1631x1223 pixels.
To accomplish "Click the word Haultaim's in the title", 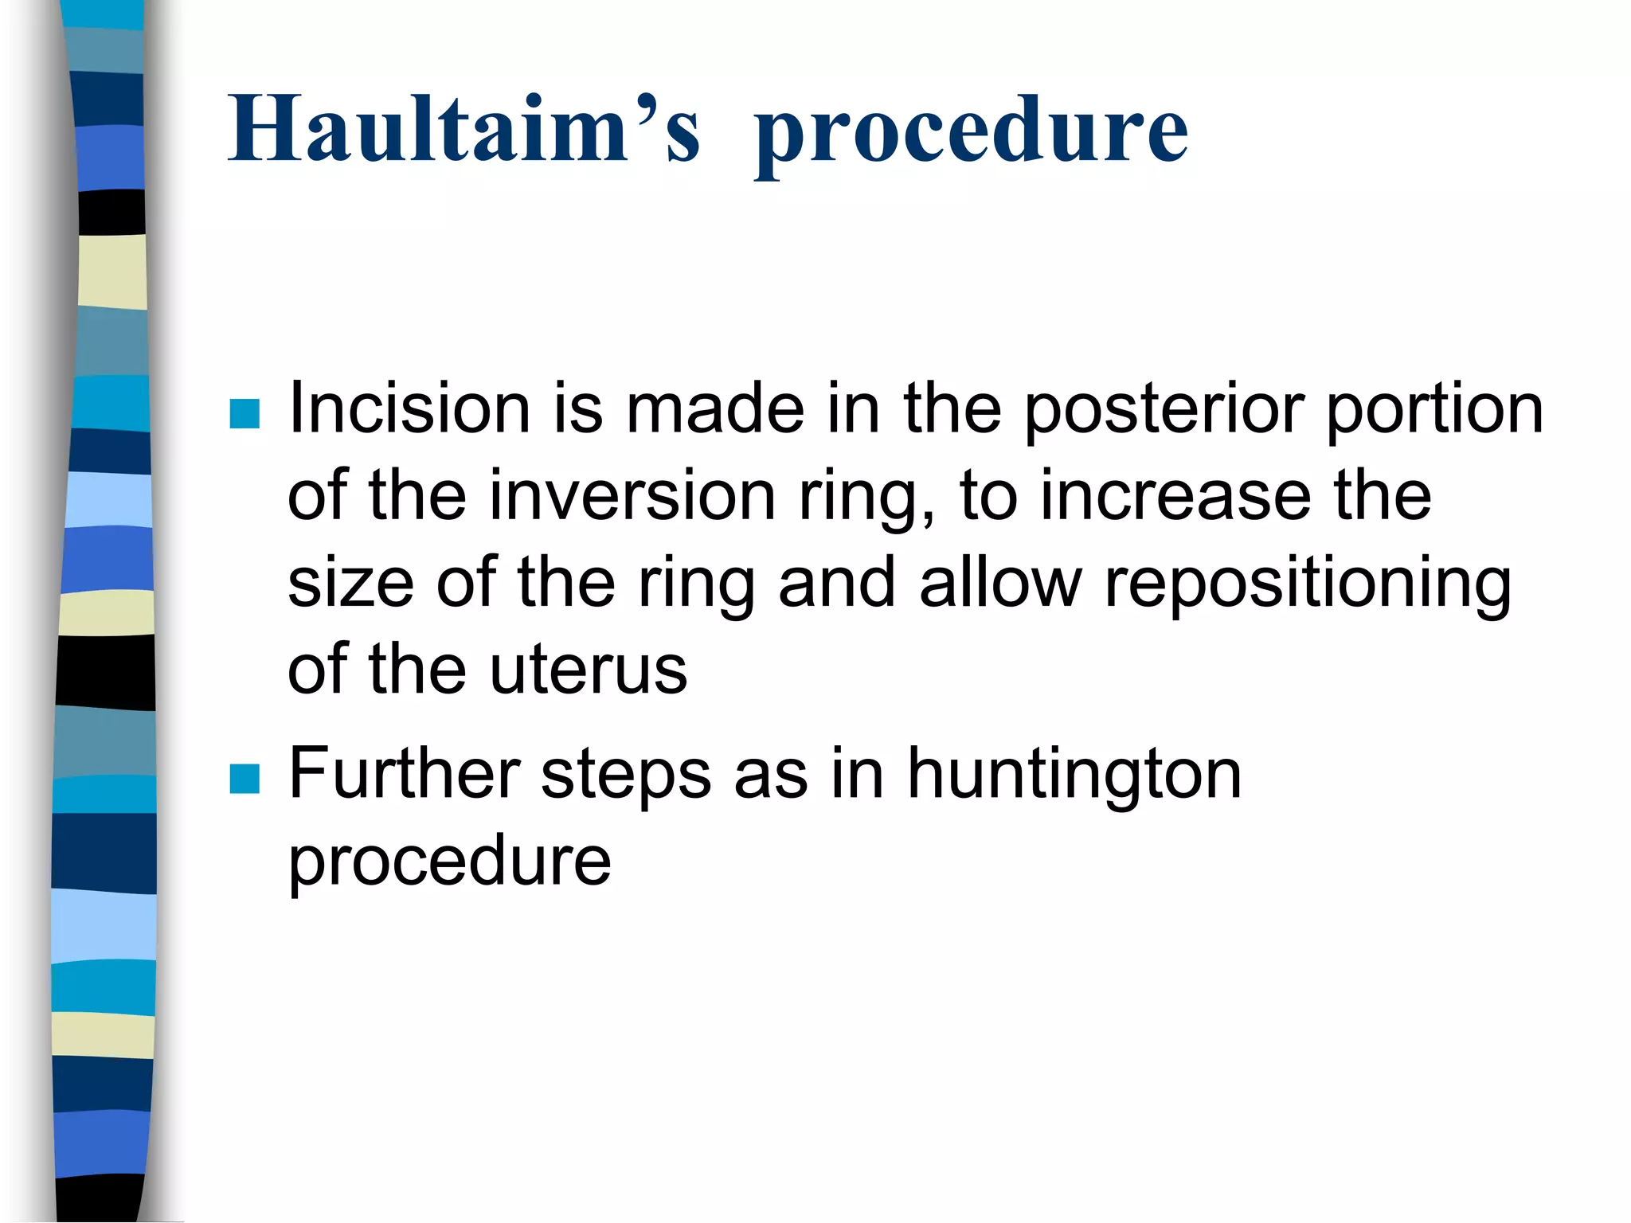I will point(463,129).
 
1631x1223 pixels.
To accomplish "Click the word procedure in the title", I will point(971,131).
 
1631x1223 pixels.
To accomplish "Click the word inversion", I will point(632,495).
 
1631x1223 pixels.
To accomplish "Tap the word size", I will point(350,583).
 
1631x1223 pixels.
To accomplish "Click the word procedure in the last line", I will point(449,863).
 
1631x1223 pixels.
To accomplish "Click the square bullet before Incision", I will point(244,413).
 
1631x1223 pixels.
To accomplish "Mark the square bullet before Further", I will point(244,779).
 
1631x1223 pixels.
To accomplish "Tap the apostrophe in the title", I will point(647,104).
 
